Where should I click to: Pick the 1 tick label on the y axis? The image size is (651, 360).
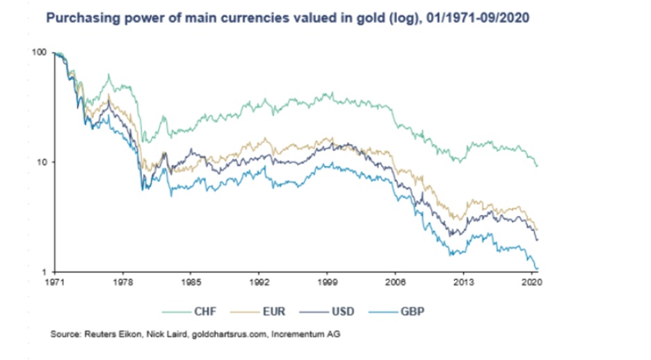pyautogui.click(x=44, y=272)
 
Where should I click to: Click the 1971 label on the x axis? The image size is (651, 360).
pyautogui.click(x=56, y=284)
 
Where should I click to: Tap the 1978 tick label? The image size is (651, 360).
pyautogui.click(x=124, y=284)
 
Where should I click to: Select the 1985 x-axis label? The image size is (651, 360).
pyautogui.click(x=191, y=284)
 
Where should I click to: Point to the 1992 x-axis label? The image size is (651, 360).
pyautogui.click(x=259, y=284)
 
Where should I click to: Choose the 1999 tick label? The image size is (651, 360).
pyautogui.click(x=328, y=284)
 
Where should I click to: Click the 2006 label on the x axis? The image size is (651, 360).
pyautogui.click(x=396, y=284)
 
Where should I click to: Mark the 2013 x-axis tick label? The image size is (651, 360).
pyautogui.click(x=464, y=284)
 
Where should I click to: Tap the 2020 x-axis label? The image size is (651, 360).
pyautogui.click(x=531, y=284)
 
